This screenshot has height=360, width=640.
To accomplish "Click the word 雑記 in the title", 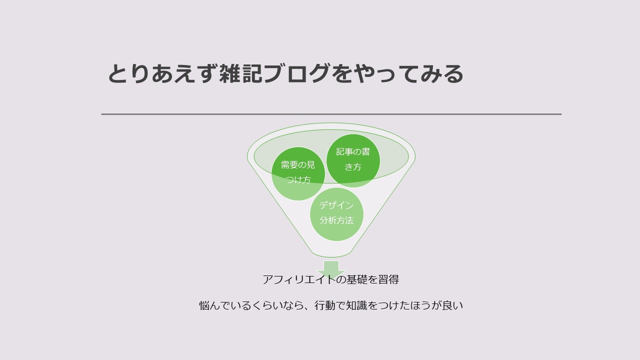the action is (x=240, y=73).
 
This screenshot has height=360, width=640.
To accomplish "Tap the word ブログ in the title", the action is (x=296, y=73).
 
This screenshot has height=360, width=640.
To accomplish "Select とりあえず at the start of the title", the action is (x=162, y=73).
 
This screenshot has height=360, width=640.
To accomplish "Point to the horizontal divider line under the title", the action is (x=331, y=114).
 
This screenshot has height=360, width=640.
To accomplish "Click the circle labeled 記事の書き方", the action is (x=353, y=160).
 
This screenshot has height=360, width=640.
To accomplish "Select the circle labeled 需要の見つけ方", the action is (x=298, y=173).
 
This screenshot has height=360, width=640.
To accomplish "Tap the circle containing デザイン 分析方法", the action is (x=336, y=214).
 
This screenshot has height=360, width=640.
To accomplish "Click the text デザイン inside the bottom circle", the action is (x=336, y=205).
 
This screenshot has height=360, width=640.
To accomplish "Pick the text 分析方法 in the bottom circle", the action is (x=336, y=220).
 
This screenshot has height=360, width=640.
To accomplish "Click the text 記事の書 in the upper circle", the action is (x=353, y=151).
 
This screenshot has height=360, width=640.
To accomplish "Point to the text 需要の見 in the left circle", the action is (x=298, y=165).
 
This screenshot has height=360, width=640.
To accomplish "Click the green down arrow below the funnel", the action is (x=331, y=269).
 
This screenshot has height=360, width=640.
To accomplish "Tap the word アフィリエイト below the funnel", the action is (x=299, y=279).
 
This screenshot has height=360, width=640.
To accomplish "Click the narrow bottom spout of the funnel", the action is (x=331, y=253).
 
